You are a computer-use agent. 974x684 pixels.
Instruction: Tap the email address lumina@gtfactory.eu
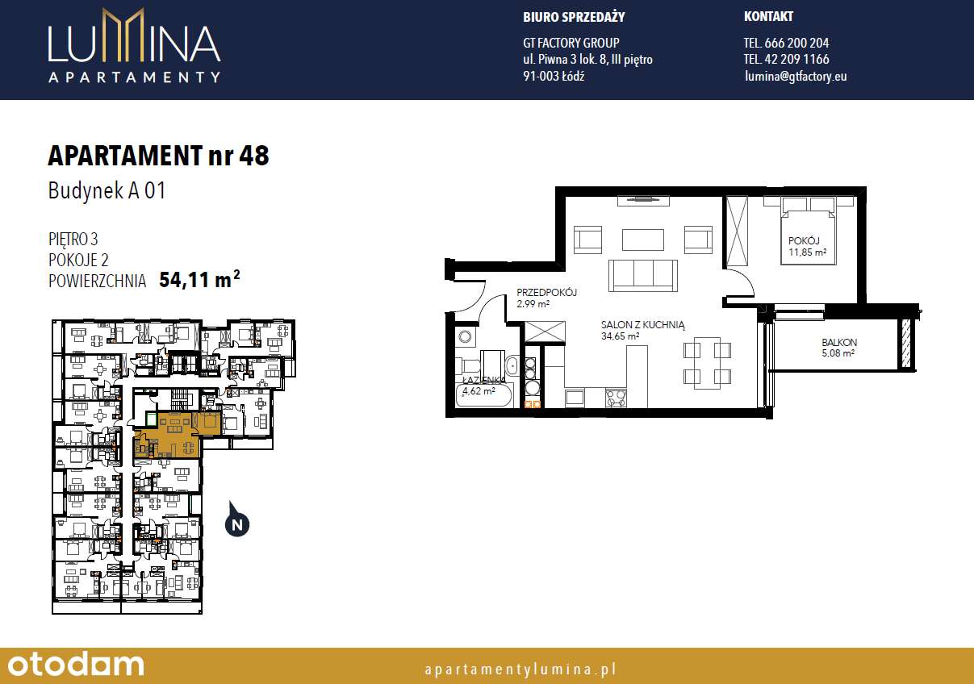point(796,77)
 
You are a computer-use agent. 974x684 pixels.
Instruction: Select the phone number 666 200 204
point(786,43)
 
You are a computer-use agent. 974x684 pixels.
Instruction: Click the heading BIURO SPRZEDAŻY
point(574,17)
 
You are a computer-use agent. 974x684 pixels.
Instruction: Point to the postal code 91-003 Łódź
point(554,77)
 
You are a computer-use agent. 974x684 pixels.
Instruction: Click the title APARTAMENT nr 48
point(158,156)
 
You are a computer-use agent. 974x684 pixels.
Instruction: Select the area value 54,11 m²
point(199,280)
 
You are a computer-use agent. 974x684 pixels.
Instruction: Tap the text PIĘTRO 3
point(73,239)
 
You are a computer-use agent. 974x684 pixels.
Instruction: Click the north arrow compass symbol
point(236,522)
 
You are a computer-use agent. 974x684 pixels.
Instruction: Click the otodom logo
point(73,665)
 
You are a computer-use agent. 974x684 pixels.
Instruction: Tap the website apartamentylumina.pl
point(520,669)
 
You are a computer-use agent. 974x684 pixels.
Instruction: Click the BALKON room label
point(839,343)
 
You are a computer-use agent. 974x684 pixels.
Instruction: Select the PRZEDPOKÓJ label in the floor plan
point(547,293)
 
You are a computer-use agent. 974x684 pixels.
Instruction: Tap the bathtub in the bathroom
point(485,394)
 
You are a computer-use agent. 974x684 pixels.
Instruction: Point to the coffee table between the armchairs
point(642,240)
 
